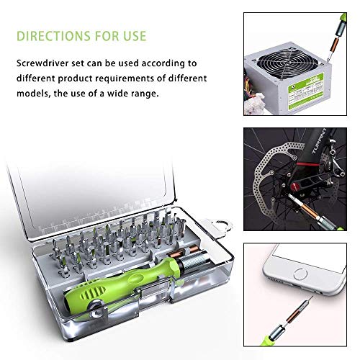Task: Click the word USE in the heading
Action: point(135,36)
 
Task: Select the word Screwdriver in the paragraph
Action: point(50,63)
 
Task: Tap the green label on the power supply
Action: point(306,91)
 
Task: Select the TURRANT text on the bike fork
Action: point(319,141)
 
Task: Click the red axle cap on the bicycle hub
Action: point(293,186)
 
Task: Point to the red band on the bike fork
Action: point(308,165)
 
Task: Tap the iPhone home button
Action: point(300,274)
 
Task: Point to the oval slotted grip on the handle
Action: point(93,293)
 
